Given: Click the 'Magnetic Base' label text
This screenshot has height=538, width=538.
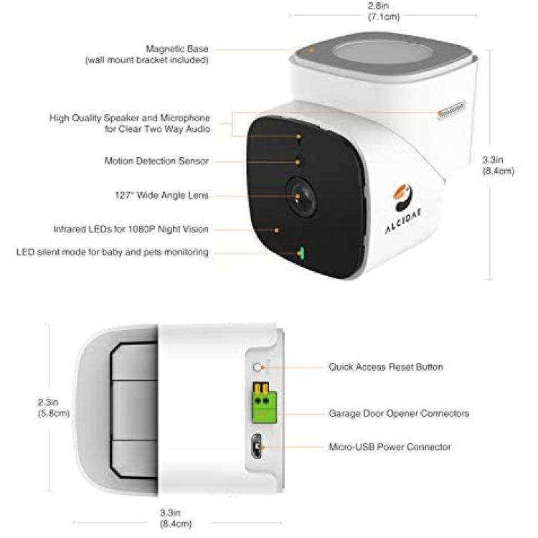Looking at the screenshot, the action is (177, 49).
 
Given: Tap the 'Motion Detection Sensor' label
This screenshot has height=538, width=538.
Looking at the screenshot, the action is (156, 161).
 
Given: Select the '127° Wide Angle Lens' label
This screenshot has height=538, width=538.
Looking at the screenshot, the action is (161, 195).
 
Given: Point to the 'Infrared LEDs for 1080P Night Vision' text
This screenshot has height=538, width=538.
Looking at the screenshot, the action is (131, 230).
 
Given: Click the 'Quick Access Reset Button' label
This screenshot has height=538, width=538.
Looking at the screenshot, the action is (386, 367).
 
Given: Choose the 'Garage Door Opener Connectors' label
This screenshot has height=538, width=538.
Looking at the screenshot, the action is (399, 413).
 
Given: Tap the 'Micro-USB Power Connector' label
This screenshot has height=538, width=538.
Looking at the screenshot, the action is (390, 447).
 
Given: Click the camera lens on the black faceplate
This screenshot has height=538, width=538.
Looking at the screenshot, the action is (301, 197).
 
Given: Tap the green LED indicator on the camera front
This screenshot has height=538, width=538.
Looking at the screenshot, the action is (302, 253).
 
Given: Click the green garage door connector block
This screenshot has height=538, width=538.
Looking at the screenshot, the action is (265, 404).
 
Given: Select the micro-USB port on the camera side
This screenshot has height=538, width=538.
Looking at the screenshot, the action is (256, 446).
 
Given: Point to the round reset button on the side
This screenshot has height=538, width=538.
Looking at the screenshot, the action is (257, 367).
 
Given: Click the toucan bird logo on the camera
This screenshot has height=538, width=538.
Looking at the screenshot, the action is (402, 198).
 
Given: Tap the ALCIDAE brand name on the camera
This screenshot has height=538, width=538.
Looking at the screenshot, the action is (403, 221).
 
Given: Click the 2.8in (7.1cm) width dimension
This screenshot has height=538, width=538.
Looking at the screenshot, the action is (384, 11).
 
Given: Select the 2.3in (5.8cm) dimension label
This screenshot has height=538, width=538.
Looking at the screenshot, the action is (54, 407).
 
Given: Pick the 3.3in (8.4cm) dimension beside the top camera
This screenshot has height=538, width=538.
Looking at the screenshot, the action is (499, 165).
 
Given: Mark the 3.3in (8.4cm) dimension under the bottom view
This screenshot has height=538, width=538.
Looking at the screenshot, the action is (176, 518).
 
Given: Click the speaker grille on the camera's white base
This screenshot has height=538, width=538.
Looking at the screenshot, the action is (451, 109).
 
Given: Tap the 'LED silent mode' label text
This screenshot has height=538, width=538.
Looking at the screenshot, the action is (112, 253).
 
